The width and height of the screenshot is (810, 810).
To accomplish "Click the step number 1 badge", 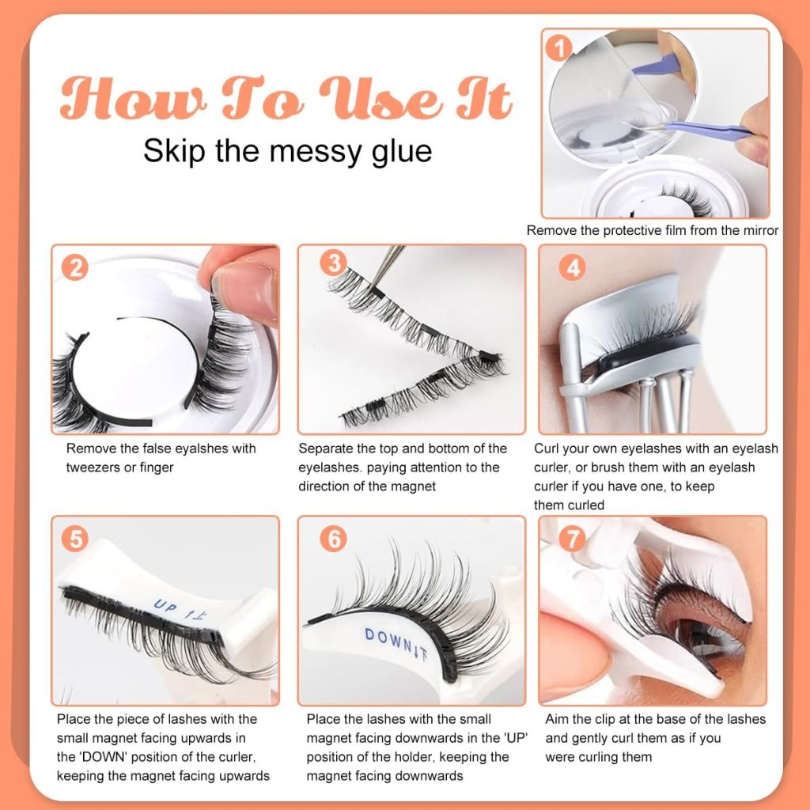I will [x=560, y=50].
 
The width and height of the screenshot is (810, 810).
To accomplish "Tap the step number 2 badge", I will [x=74, y=267].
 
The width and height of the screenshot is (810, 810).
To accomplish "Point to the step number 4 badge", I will [x=572, y=267].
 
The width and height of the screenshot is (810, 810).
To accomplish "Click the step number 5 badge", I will [x=74, y=539].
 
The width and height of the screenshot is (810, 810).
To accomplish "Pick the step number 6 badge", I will [x=334, y=539].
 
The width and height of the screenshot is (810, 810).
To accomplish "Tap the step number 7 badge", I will [x=572, y=539].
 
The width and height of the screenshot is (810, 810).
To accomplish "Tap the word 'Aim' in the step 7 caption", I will [x=558, y=719].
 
